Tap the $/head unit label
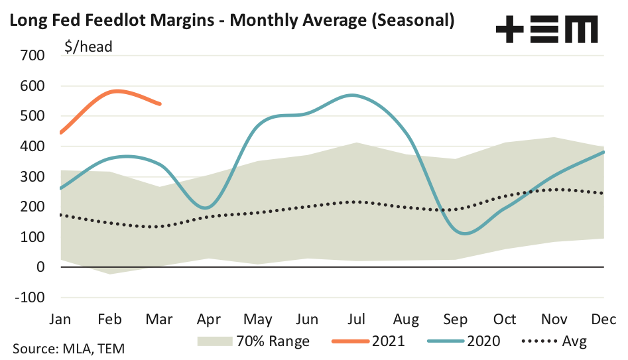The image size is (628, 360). tap(88, 46)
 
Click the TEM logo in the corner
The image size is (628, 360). tap(546, 30)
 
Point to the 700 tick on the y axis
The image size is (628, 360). tap(31, 56)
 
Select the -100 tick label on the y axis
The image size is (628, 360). tap(28, 297)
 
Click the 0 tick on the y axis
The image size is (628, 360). tap(40, 267)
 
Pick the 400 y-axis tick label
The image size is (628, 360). tap(31, 147)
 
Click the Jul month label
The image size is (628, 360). tap(357, 320)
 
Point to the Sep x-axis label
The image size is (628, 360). tap(456, 320)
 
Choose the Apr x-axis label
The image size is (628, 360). tap(210, 320)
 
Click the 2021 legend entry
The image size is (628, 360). tap(379, 341)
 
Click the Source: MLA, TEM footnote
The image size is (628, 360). tap(68, 347)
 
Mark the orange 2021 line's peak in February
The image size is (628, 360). tap(117, 91)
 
